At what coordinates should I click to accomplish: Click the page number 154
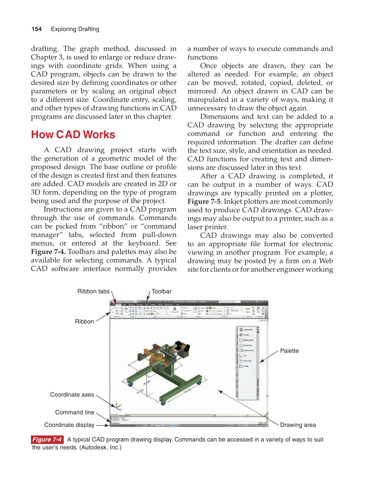click(36, 29)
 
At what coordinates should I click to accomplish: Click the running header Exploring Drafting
click(75, 29)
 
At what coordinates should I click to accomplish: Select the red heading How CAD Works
click(73, 134)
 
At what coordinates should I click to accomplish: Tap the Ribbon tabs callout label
click(93, 291)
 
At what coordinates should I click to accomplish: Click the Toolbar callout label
click(161, 291)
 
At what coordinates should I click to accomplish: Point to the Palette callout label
click(289, 351)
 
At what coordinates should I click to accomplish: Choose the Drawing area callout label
click(298, 425)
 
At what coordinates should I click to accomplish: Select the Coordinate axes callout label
click(72, 395)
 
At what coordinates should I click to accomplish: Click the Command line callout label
click(75, 412)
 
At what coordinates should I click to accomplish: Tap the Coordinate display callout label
click(69, 425)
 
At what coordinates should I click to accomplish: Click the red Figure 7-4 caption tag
click(47, 440)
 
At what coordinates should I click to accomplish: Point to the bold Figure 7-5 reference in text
click(204, 201)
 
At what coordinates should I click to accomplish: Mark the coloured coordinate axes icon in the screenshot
click(118, 406)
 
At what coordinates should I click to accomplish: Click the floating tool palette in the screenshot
click(247, 363)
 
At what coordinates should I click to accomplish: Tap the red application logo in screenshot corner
click(112, 303)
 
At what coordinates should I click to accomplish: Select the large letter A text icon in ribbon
click(174, 309)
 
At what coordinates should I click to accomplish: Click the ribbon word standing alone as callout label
click(84, 321)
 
